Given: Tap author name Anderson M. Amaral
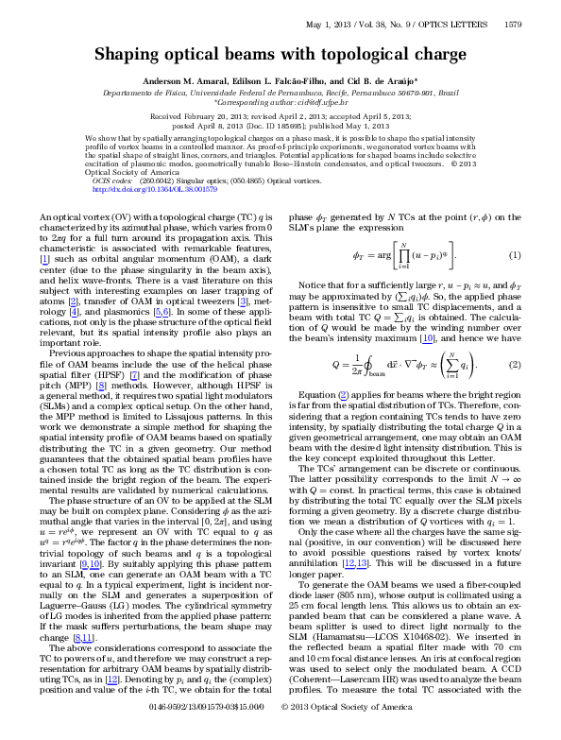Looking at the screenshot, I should [181, 82].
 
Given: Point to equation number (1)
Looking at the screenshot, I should [515, 256].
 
